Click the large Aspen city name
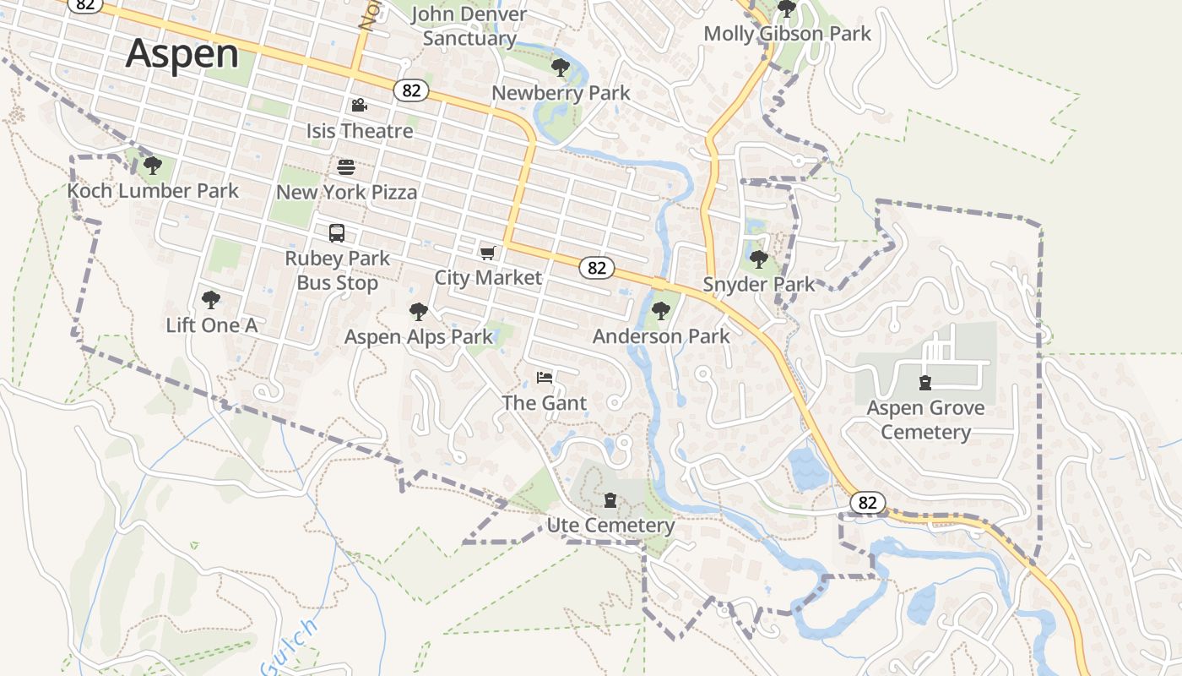[x=182, y=53]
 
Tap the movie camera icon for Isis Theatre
[x=359, y=106]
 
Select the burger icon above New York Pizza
[x=346, y=166]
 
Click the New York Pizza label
[x=346, y=192]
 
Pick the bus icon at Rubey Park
[x=337, y=233]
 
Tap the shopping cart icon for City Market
[x=487, y=253]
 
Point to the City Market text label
[x=487, y=277]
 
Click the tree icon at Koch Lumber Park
[x=152, y=165]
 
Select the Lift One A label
[x=211, y=324]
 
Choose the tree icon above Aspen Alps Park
[x=418, y=312]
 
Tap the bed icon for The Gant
[x=545, y=377]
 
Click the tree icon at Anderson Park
[x=661, y=311]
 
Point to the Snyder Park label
[x=759, y=284]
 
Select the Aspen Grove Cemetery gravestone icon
[x=925, y=383]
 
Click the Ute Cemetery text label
[x=610, y=526]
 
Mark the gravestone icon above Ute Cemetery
[x=610, y=501]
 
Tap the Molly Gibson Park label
[x=787, y=34]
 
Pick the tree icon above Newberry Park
[x=560, y=68]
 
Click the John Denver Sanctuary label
[x=469, y=26]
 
